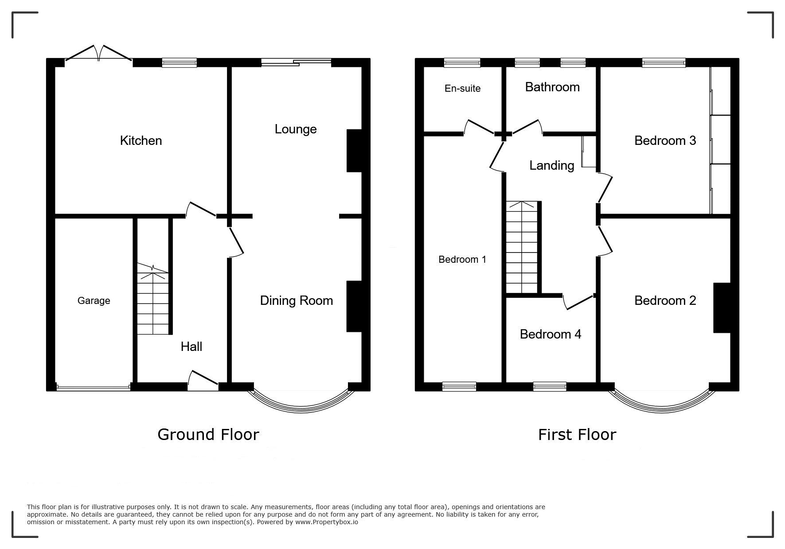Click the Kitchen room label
(x=141, y=140)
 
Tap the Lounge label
(x=296, y=129)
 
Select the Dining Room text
(x=297, y=300)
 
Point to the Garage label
(x=94, y=301)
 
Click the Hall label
(x=191, y=347)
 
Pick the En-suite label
(x=462, y=89)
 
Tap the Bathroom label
(x=552, y=87)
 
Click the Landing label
(x=552, y=166)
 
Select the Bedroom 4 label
(x=551, y=334)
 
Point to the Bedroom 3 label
(x=665, y=140)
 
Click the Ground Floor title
(x=208, y=435)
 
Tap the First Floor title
(x=577, y=435)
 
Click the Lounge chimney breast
(x=355, y=151)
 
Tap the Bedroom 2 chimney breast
(x=722, y=308)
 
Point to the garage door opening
(x=94, y=388)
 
